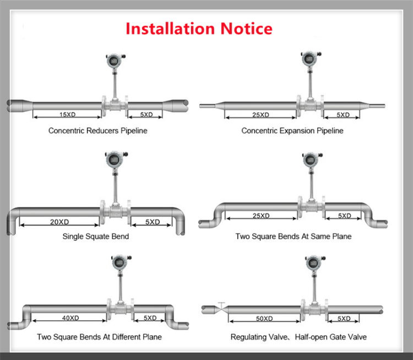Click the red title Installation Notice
[199, 29]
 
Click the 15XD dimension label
[67, 115]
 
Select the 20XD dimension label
[59, 222]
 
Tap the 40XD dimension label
[70, 318]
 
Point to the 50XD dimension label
[264, 319]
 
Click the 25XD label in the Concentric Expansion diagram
[261, 115]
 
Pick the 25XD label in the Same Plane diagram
[261, 216]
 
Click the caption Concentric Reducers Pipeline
[97, 131]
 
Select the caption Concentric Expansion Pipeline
[292, 131]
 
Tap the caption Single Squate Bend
[96, 237]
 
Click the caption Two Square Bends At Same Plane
[294, 237]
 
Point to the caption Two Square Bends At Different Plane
[99, 337]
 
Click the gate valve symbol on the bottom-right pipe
[221, 308]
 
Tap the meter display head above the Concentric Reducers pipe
[115, 61]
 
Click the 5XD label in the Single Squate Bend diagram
[153, 222]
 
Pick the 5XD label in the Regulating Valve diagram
[344, 319]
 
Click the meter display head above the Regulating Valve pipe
[314, 262]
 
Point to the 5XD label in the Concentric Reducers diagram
[146, 115]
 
